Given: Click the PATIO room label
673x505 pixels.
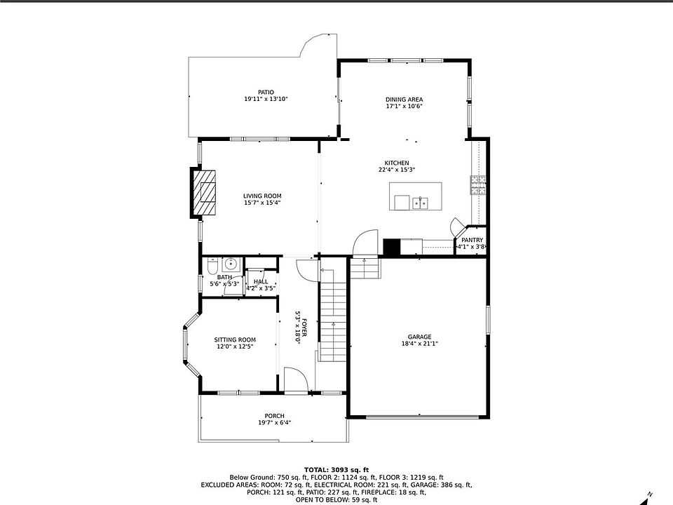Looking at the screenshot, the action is tap(266, 93).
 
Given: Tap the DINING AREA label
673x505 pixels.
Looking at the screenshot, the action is tap(404, 100).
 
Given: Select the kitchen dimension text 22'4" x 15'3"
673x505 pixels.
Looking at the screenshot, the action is tap(397, 170).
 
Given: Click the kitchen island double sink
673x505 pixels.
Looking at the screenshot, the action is tap(420, 202).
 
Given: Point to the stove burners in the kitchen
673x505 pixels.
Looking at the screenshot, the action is tap(479, 185).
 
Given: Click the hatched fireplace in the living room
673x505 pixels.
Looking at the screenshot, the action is tap(203, 192).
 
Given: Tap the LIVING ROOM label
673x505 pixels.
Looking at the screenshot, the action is tap(262, 196).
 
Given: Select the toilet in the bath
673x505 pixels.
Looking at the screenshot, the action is tap(212, 266).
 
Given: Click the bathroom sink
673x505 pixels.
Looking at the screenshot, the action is tap(231, 264).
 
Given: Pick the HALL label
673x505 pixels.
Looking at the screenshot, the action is tap(261, 282).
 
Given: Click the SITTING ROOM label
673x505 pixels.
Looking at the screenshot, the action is tap(235, 339).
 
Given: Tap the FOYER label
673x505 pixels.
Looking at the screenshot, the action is tap(304, 328).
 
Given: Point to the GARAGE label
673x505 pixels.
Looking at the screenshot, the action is tap(419, 337).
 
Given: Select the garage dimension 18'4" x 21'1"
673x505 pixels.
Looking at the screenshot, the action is tap(419, 344).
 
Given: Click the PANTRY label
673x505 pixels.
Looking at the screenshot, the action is tap(472, 240).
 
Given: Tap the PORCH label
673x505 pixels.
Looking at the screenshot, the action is tap(274, 416).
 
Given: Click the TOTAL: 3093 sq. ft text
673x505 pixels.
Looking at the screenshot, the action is tap(336, 470).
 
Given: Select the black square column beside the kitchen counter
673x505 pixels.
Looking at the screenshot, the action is tap(391, 247).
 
